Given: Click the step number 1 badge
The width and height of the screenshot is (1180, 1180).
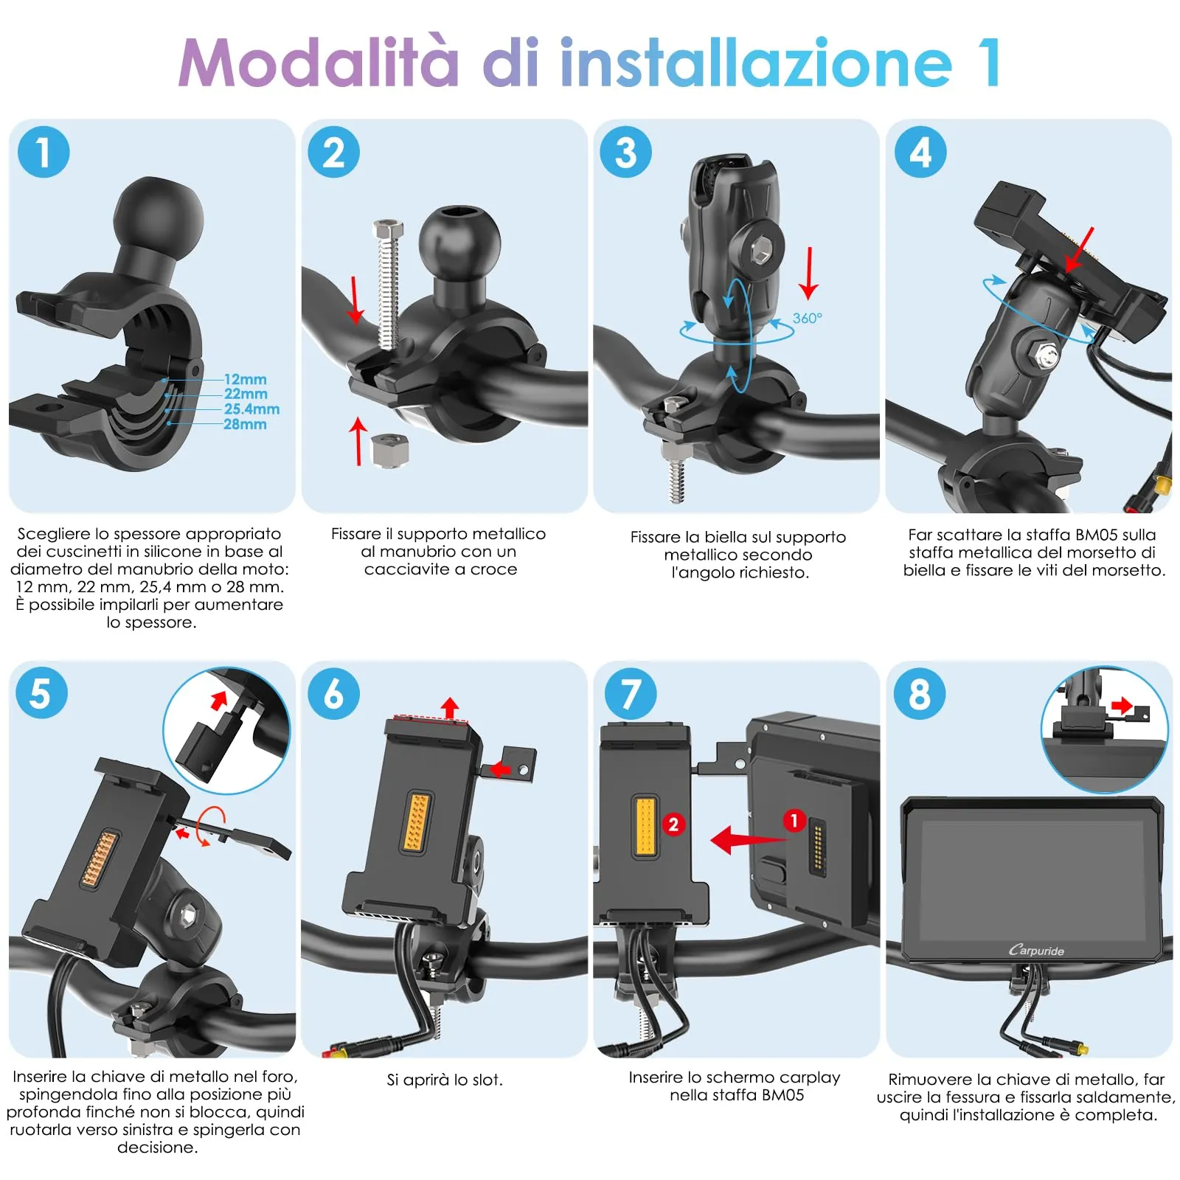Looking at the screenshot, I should pyautogui.click(x=43, y=153).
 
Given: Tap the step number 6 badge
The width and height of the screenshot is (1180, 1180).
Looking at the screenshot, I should pyautogui.click(x=333, y=694).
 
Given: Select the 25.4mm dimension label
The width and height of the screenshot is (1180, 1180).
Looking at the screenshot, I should pyautogui.click(x=251, y=409).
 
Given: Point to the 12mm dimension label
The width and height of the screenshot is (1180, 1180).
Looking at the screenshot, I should pyautogui.click(x=245, y=379).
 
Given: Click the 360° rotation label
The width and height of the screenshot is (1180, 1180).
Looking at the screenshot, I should pyautogui.click(x=807, y=319).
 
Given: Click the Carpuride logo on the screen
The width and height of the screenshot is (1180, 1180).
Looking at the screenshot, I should pyautogui.click(x=1036, y=951).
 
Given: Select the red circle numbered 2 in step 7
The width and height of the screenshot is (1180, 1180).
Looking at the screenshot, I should pyautogui.click(x=673, y=824).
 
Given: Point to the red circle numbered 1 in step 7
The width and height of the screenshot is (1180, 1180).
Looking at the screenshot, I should pyautogui.click(x=794, y=820).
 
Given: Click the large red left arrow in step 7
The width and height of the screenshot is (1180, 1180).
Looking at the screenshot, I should pyautogui.click(x=745, y=839).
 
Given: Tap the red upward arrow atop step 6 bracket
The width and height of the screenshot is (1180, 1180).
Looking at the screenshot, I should pyautogui.click(x=450, y=707).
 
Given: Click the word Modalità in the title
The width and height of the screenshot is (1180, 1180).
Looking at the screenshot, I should pyautogui.click(x=319, y=63).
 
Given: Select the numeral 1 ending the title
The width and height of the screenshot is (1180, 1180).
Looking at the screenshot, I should pyautogui.click(x=989, y=63).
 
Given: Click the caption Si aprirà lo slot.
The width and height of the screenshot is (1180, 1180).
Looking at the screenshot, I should pyautogui.click(x=445, y=1080).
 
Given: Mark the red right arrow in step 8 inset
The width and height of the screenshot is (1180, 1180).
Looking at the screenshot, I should pyautogui.click(x=1121, y=706).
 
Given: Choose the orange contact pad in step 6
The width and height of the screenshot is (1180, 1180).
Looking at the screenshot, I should pyautogui.click(x=417, y=822).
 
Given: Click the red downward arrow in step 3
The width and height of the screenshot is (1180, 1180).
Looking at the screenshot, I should pyautogui.click(x=809, y=273).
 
